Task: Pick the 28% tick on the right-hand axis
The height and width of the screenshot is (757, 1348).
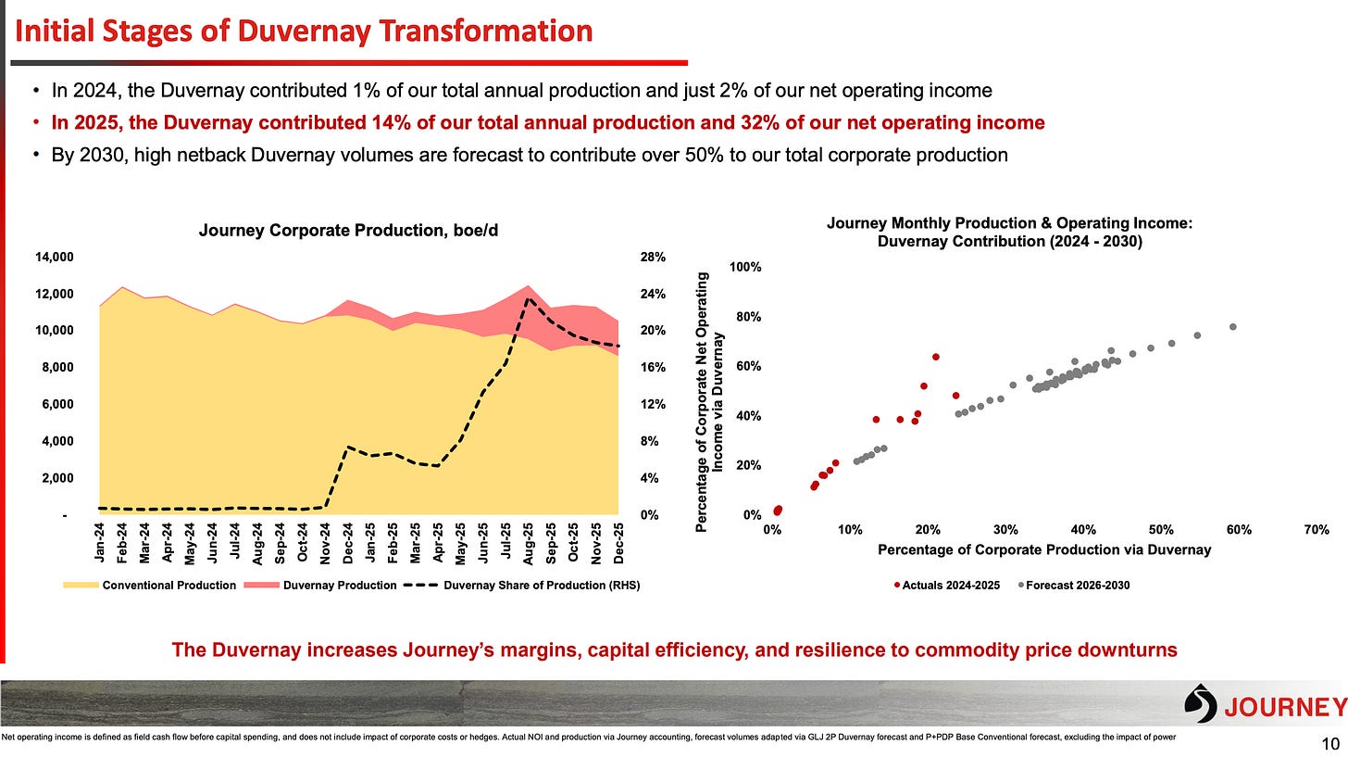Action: click(652, 257)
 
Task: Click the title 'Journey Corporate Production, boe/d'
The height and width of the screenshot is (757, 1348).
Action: click(348, 231)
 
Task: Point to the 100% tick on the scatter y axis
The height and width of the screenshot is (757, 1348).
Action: click(745, 267)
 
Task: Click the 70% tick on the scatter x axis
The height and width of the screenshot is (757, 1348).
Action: click(1317, 530)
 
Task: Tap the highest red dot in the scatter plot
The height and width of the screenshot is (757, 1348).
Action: click(936, 357)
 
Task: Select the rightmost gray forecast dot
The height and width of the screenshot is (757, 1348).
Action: click(1232, 326)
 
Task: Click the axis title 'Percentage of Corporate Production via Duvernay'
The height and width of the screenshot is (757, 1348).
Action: click(1044, 550)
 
